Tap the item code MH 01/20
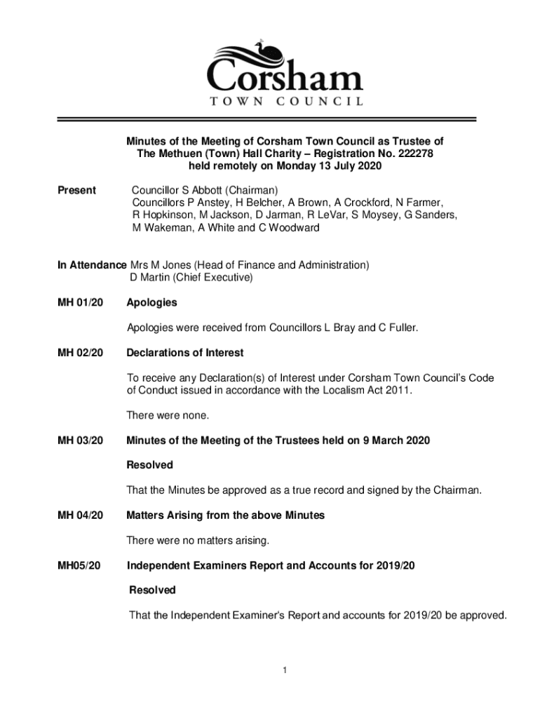[x=80, y=303]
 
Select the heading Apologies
[x=151, y=303]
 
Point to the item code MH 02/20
[x=80, y=353]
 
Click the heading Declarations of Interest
[x=184, y=353]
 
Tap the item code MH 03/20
[x=80, y=440]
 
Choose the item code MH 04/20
[x=80, y=515]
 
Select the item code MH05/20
[x=79, y=565]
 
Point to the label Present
[x=76, y=190]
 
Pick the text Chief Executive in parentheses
[x=210, y=278]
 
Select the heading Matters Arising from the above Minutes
[x=225, y=515]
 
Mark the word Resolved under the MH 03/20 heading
[x=149, y=465]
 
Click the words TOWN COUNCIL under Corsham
[x=286, y=102]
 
